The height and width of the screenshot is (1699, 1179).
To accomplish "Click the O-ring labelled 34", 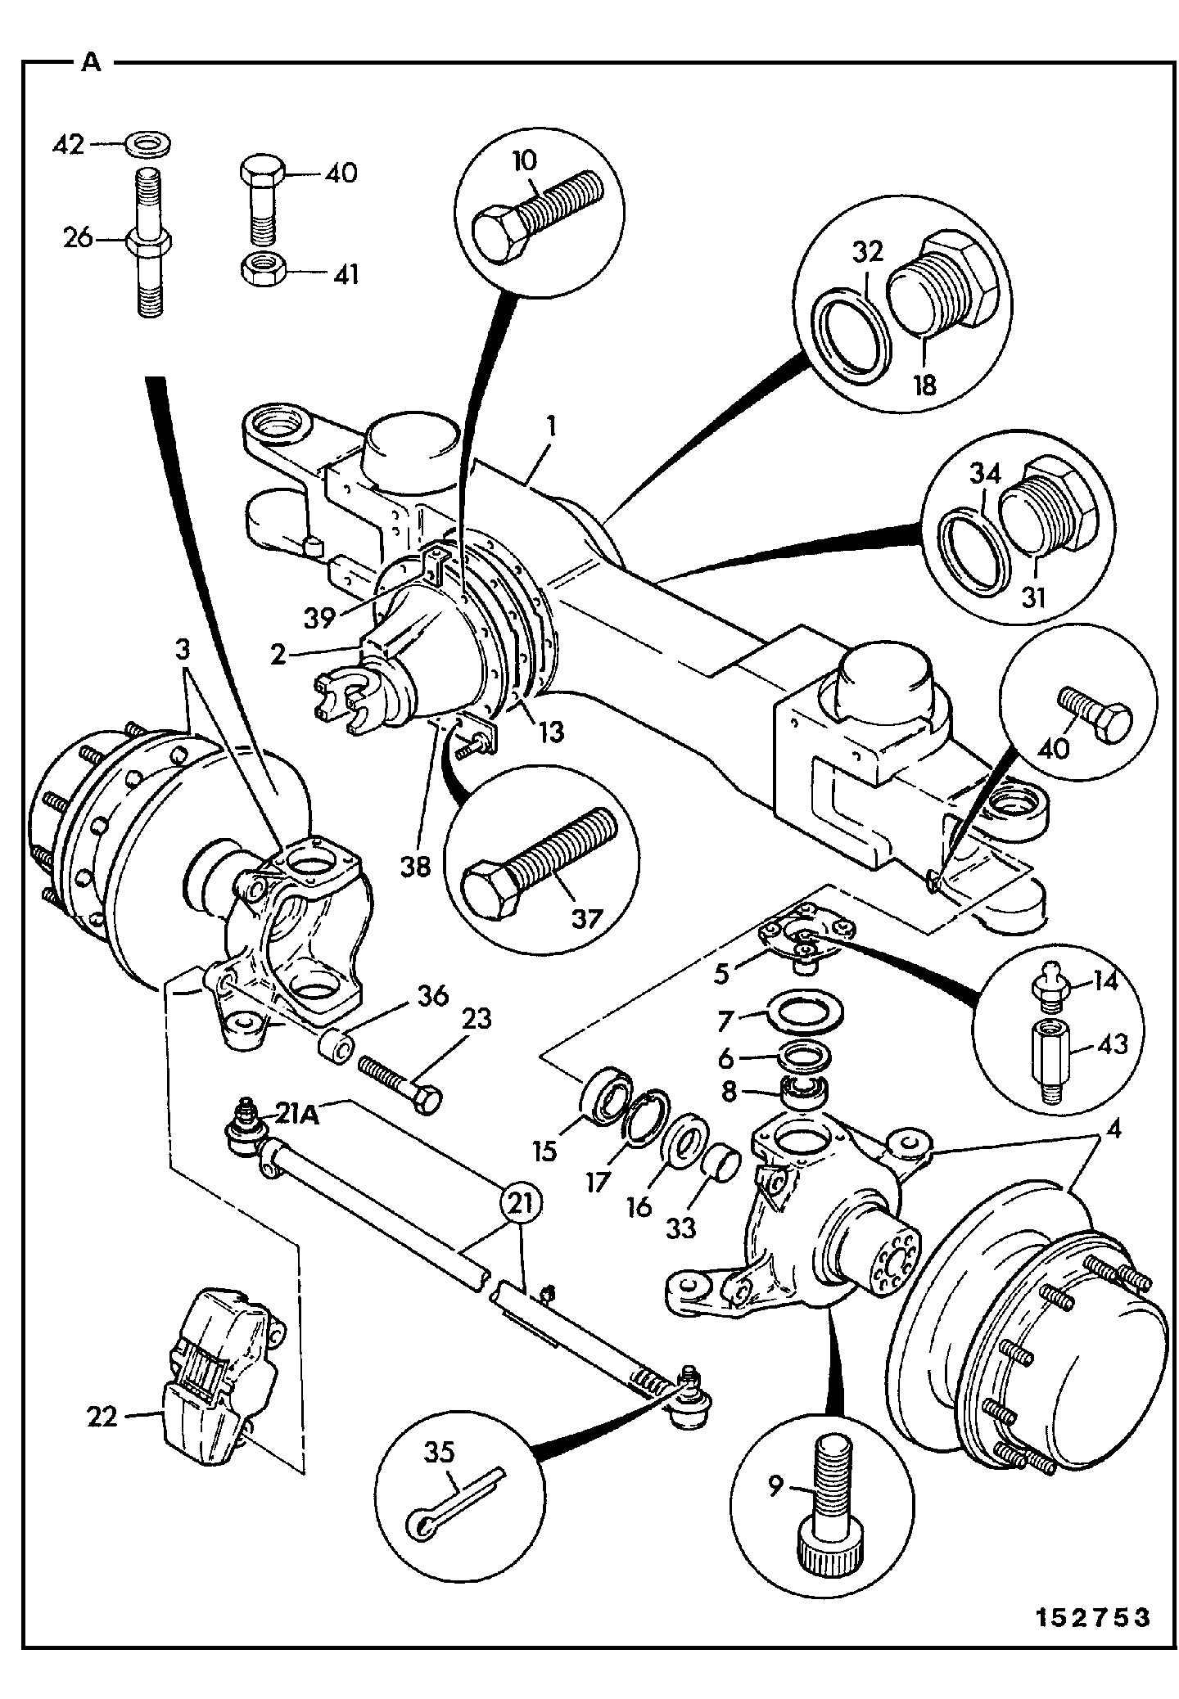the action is point(972,544).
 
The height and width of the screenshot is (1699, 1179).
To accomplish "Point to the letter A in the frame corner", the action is point(92,63).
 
